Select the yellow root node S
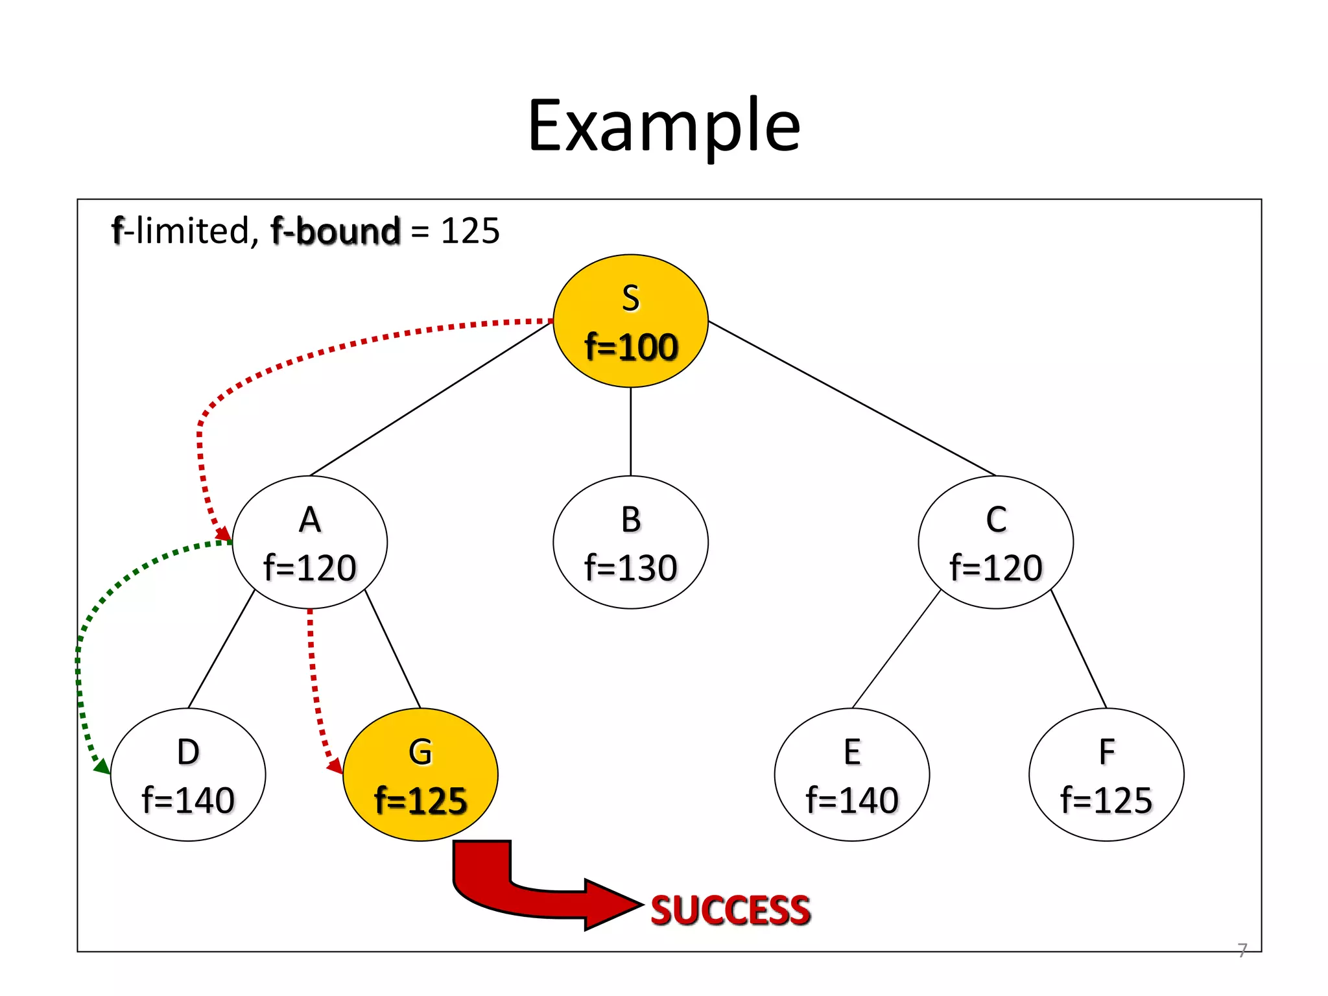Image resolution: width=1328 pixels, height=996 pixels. tap(630, 321)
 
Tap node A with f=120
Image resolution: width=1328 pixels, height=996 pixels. tap(310, 542)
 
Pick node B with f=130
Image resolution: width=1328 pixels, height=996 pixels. tap(630, 542)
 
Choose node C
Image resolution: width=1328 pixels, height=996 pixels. tap(995, 542)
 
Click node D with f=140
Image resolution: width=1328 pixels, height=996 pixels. tap(188, 774)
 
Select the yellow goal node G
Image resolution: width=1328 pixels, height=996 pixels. tap(420, 774)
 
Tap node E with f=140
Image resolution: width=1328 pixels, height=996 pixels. tap(851, 774)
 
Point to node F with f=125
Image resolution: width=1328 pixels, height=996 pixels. tap(1106, 774)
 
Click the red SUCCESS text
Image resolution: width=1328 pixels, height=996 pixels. tap(730, 910)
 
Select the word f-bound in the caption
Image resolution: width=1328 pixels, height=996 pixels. tap(335, 231)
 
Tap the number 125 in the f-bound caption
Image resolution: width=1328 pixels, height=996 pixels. tap(470, 231)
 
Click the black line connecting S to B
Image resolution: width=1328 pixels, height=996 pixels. tap(630, 431)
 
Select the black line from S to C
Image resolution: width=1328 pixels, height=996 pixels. tap(851, 398)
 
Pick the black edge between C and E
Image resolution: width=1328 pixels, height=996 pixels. tap(896, 649)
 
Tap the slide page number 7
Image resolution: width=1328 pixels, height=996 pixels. tap(1242, 950)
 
